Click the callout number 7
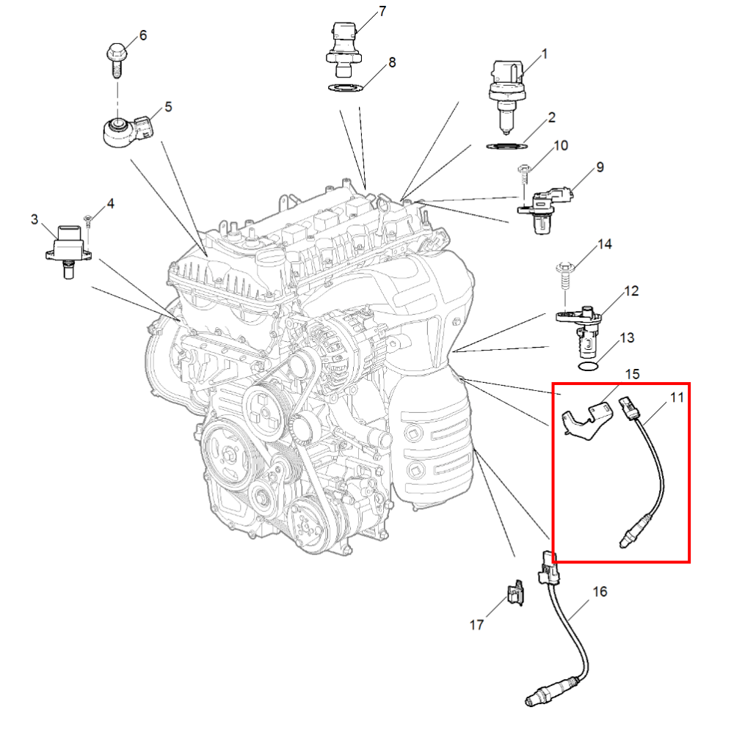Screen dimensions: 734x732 (382, 11)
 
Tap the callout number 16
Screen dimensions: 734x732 (600, 592)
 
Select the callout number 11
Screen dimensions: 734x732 (677, 398)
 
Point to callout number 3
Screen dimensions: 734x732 (34, 219)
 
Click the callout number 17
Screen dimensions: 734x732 (476, 625)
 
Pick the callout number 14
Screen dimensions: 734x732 (605, 244)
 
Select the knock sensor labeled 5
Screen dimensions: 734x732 (128, 131)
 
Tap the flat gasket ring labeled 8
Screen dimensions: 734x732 (346, 87)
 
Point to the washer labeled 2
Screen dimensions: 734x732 (507, 147)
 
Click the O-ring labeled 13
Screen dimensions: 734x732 (589, 366)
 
